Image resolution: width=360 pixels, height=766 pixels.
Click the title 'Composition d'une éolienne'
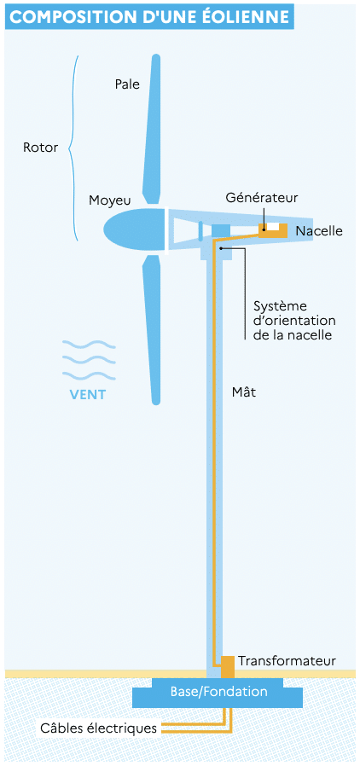point(149,16)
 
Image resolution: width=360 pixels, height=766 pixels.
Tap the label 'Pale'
point(127,84)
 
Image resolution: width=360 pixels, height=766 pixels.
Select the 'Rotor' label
point(41,148)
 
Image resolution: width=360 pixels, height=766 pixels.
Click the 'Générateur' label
point(262,197)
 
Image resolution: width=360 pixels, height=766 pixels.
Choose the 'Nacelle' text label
point(319,231)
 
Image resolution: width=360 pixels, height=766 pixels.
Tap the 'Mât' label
point(244,392)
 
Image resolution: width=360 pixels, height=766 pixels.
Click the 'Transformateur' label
point(287,661)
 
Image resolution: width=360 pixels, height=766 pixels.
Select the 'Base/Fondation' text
point(219,692)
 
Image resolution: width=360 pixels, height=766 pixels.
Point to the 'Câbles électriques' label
point(99,728)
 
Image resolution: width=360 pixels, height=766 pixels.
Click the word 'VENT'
point(88,394)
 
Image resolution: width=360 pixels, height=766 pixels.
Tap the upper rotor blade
point(153,130)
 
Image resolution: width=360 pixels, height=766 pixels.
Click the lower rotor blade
point(154,330)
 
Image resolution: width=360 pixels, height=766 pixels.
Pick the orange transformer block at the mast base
point(228,667)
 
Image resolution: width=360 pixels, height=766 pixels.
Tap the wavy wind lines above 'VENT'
point(89,361)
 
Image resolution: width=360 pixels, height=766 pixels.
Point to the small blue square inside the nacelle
point(220,229)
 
